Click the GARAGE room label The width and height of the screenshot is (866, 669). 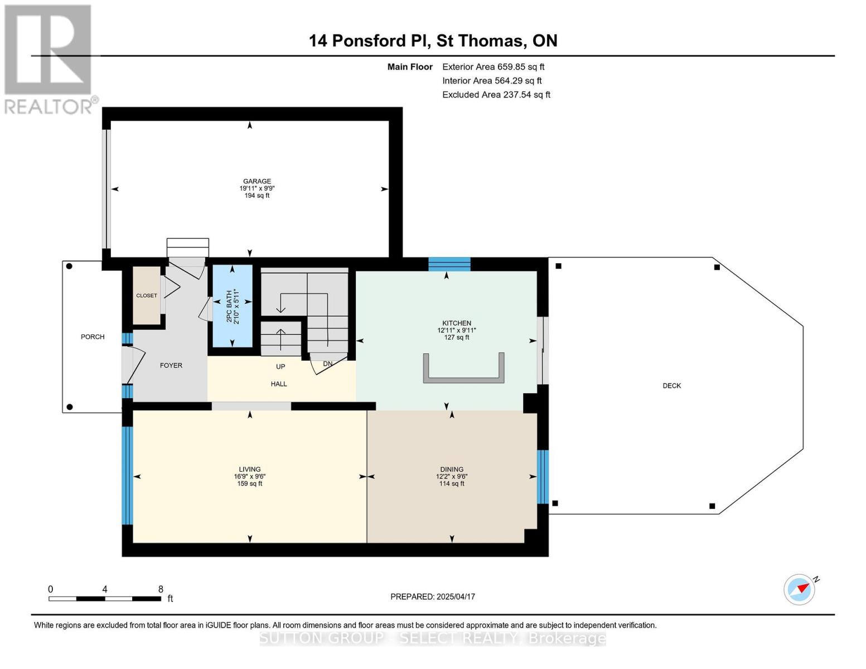257,181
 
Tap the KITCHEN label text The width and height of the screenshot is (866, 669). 456,323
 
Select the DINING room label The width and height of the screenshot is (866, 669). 451,469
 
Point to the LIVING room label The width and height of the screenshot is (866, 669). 249,469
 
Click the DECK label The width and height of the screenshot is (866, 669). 671,386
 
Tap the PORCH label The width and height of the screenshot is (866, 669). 93,337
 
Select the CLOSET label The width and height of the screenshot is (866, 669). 147,295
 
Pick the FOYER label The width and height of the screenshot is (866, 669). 171,366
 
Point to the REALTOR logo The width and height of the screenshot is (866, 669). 49,59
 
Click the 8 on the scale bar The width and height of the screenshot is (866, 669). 161,589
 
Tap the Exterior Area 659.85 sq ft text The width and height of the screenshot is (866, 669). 493,67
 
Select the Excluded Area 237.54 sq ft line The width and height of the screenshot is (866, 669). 496,95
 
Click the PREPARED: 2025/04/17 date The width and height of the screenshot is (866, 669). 432,597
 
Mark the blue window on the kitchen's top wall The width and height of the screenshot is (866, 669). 449,264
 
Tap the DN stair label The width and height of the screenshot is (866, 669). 328,364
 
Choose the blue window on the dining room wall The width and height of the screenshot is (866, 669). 543,477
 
